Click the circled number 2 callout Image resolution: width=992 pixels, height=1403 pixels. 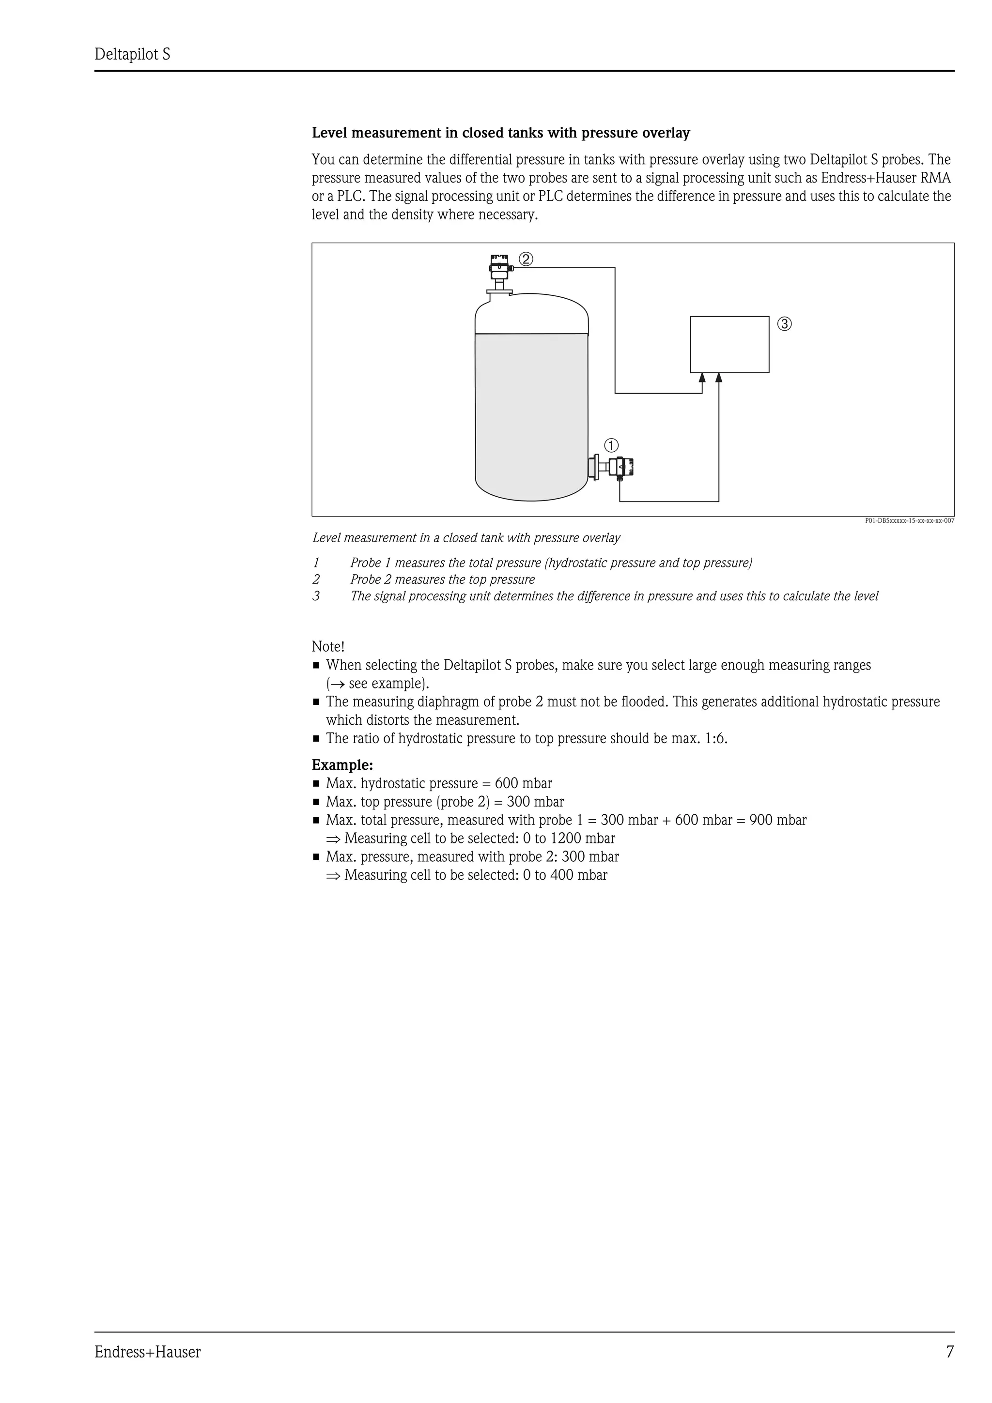(x=526, y=259)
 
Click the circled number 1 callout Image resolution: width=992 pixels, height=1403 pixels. (x=611, y=445)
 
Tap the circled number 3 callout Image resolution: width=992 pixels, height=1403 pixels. (x=785, y=324)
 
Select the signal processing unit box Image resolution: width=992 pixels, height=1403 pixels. (x=729, y=344)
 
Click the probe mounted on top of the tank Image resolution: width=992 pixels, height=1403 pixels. (x=499, y=274)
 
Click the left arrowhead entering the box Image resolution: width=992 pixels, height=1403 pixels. (x=702, y=378)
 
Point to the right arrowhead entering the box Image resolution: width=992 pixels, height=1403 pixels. (x=719, y=378)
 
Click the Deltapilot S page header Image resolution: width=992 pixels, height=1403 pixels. (x=132, y=55)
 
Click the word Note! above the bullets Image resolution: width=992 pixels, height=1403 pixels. (x=328, y=646)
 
